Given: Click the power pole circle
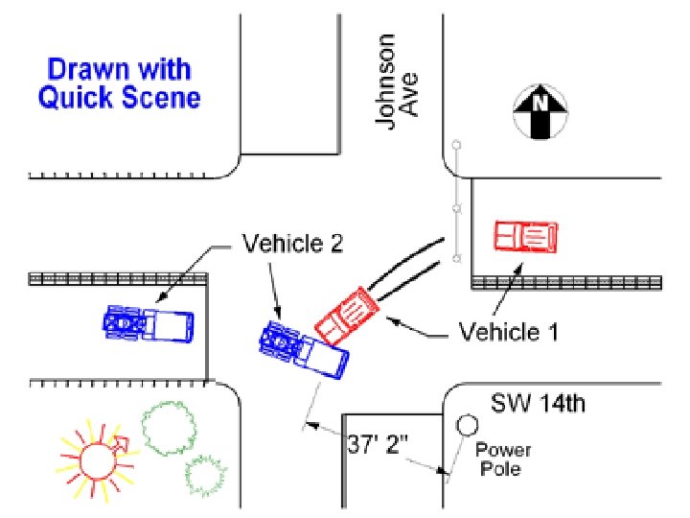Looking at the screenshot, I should click(468, 425).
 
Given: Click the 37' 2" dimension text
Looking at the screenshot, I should click(378, 445).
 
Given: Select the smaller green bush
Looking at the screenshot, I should click(205, 474).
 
